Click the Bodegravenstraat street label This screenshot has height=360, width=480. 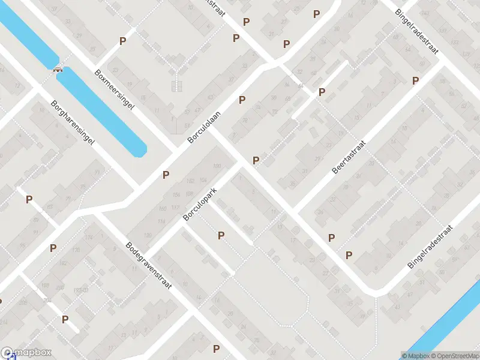(148, 265)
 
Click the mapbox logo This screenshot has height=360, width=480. (25, 353)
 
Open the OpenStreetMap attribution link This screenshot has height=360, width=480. (454, 356)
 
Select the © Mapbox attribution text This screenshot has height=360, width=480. (415, 356)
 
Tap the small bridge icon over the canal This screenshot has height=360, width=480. (58, 69)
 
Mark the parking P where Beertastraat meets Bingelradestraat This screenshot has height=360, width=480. (415, 80)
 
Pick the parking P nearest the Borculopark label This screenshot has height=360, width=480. (221, 236)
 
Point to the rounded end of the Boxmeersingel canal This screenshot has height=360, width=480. (140, 151)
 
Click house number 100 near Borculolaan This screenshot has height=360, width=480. (217, 166)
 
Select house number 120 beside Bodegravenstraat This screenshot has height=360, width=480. (76, 250)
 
